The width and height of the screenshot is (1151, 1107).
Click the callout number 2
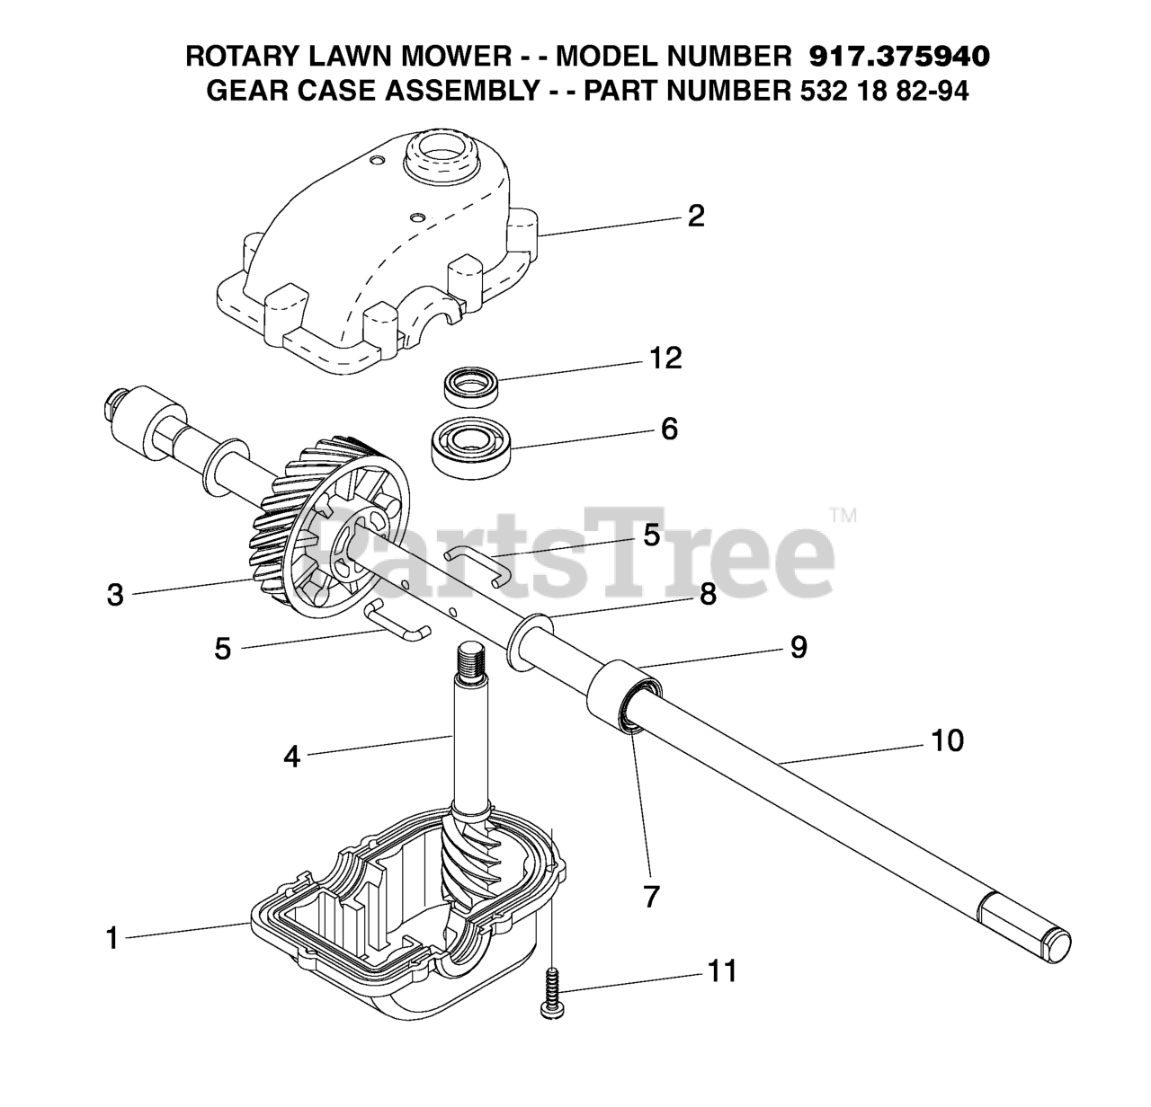(x=695, y=216)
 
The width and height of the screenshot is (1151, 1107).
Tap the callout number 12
(x=665, y=359)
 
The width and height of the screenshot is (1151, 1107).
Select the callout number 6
(x=668, y=429)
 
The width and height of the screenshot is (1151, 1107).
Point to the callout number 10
(x=947, y=740)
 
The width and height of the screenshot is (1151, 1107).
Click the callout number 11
(x=721, y=970)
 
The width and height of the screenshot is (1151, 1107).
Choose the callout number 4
(x=291, y=757)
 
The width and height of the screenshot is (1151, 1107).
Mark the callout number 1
(x=112, y=938)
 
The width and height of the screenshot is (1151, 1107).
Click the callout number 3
(x=115, y=595)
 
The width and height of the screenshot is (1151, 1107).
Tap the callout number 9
(x=799, y=647)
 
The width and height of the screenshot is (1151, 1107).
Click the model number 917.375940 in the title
(x=899, y=57)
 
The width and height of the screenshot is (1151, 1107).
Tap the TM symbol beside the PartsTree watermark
(x=843, y=516)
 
